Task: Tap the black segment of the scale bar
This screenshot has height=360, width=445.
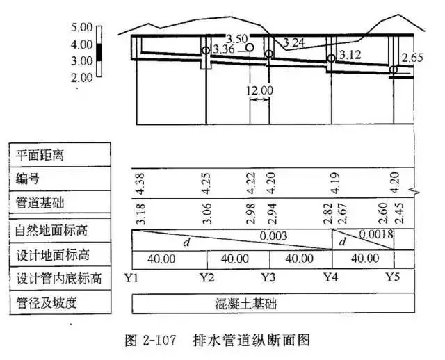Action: (x=99, y=52)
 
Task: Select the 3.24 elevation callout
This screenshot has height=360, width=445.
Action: (x=294, y=42)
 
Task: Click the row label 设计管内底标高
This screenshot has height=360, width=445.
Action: (x=58, y=279)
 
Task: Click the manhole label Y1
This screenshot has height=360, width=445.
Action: (x=133, y=278)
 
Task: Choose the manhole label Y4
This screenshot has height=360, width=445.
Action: (x=332, y=278)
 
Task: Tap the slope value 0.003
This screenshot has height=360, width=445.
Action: (x=273, y=236)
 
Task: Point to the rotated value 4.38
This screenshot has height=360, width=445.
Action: (x=139, y=182)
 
